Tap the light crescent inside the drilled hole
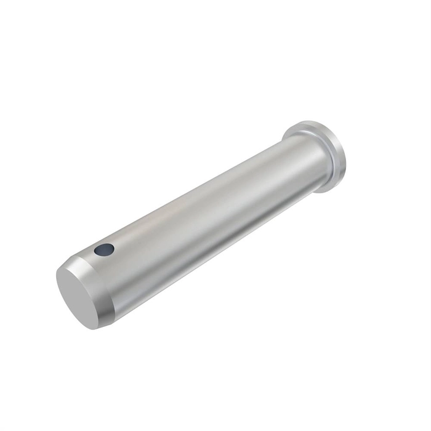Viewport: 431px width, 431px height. (107, 251)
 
